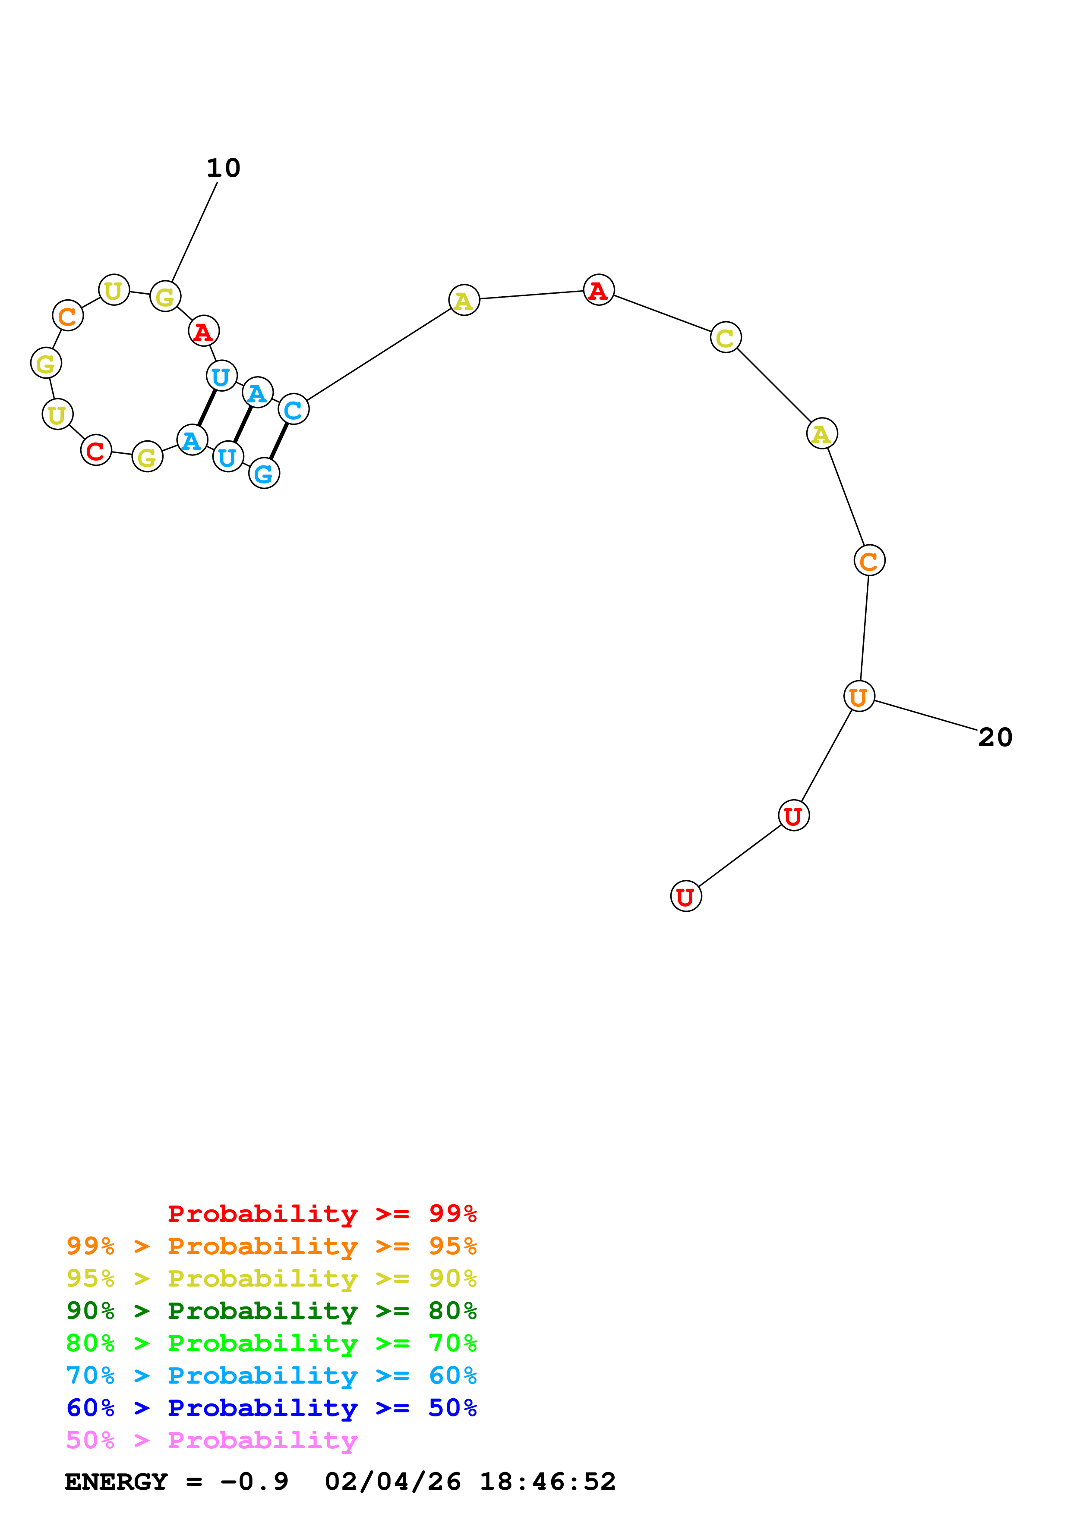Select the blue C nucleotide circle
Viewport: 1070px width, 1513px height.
pos(294,410)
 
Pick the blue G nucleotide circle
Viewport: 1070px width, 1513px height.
pos(264,473)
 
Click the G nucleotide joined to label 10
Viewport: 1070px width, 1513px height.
pos(165,297)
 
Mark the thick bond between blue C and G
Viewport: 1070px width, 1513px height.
pos(279,442)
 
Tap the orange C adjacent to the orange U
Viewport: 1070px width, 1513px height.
pos(869,561)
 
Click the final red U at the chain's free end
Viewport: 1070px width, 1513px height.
pos(686,896)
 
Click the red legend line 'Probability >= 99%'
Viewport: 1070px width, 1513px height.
pos(322,1213)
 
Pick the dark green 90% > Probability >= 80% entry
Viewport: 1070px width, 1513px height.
pos(271,1311)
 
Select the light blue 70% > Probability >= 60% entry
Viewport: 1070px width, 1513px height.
pos(271,1375)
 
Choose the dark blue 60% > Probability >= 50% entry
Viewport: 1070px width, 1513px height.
pos(271,1408)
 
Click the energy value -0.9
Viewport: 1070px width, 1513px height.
pos(255,1482)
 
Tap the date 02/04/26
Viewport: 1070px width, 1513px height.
pos(392,1482)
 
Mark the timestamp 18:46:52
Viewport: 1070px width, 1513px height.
pos(547,1482)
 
